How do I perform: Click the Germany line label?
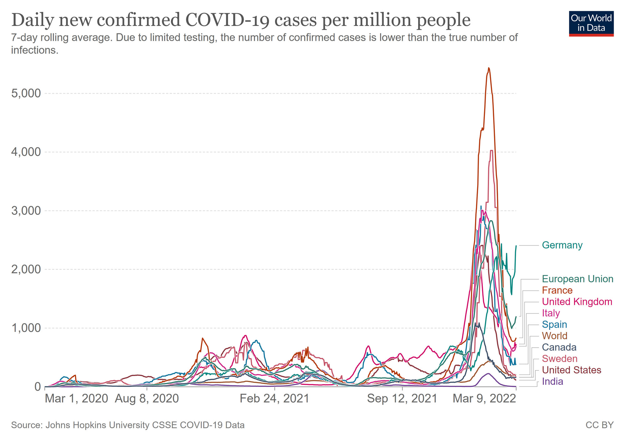click(x=562, y=245)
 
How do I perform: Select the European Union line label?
click(x=577, y=279)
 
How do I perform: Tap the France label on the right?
click(x=557, y=290)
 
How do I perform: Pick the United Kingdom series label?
click(x=577, y=302)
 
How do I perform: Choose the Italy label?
click(x=551, y=313)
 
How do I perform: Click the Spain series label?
click(x=554, y=325)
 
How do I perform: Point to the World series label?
click(x=554, y=336)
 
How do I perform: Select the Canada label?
click(x=559, y=347)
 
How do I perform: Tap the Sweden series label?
click(x=559, y=359)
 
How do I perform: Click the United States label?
click(x=571, y=370)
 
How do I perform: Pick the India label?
click(x=552, y=381)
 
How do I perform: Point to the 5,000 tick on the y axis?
click(x=26, y=93)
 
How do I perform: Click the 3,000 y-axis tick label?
click(x=26, y=211)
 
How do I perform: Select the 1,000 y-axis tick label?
click(x=26, y=328)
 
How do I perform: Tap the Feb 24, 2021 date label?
click(x=274, y=399)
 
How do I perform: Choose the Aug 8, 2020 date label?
click(x=147, y=399)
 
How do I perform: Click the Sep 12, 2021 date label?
click(x=402, y=399)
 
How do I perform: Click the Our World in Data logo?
click(x=591, y=24)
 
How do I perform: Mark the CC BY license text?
click(x=599, y=425)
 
